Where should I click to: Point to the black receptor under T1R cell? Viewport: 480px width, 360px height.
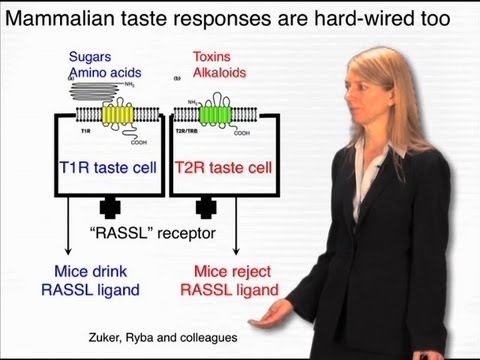106,206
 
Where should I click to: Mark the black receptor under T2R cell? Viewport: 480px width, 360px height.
207,206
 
